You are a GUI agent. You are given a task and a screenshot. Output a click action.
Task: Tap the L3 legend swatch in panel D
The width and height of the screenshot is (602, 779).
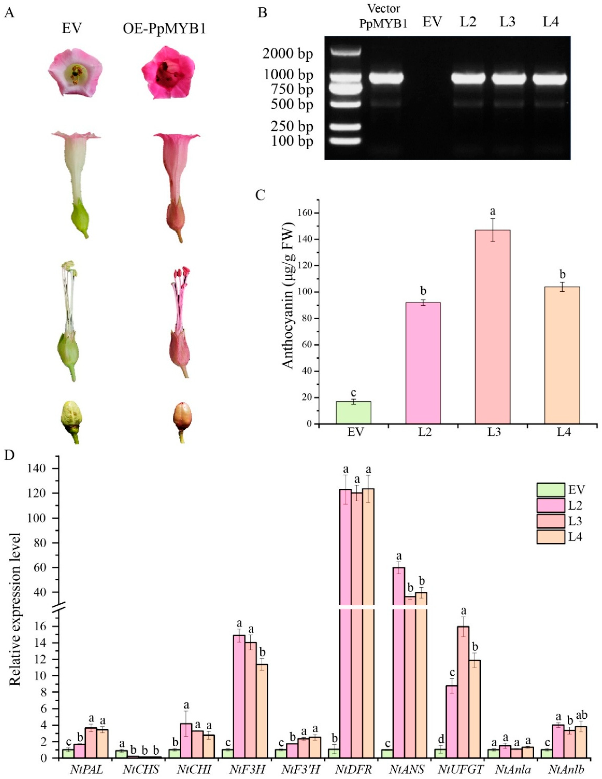click(x=550, y=521)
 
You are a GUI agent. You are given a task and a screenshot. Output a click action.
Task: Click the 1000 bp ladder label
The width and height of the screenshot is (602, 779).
click(x=287, y=75)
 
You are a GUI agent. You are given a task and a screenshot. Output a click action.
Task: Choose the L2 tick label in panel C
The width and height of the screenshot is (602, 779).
click(x=423, y=432)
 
